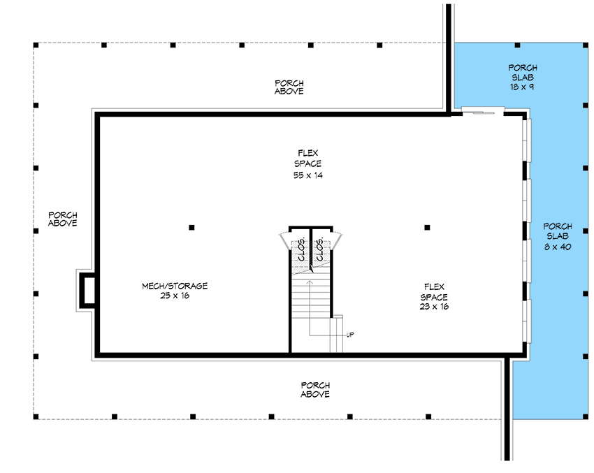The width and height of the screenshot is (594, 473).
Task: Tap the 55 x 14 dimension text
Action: click(307, 175)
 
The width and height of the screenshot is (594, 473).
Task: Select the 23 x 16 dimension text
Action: click(434, 306)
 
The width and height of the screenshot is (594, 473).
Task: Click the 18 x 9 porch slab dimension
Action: click(523, 88)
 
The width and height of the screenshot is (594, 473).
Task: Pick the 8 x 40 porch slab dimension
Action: click(558, 247)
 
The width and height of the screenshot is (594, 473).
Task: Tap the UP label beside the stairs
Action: click(350, 335)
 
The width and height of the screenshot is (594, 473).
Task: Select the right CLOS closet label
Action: click(320, 250)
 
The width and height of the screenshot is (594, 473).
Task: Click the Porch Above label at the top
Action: click(289, 87)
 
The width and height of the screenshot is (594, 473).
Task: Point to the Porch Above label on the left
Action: click(63, 219)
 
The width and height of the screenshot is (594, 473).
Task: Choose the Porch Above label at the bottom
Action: click(315, 390)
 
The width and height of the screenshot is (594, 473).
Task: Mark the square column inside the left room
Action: click(191, 227)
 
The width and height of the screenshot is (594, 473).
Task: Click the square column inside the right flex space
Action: click(427, 227)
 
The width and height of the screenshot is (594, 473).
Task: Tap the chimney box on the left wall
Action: click(88, 290)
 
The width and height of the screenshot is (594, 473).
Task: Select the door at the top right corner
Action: click(483, 110)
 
